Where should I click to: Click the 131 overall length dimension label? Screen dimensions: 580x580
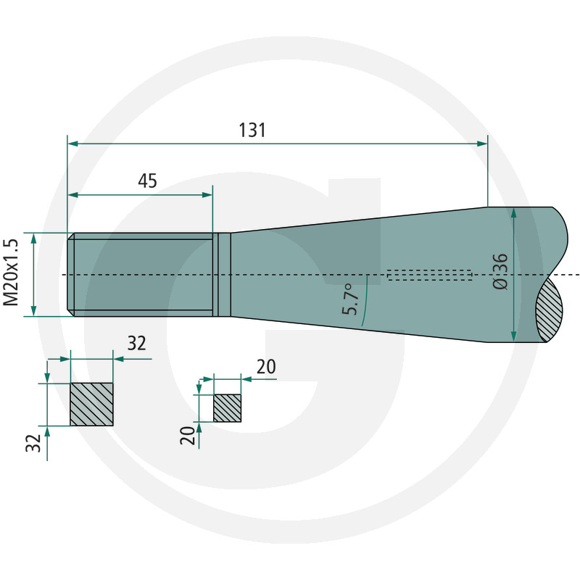click(x=252, y=130)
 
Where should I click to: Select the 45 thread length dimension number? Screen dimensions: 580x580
click(x=148, y=181)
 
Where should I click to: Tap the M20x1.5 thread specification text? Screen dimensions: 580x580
click(x=11, y=273)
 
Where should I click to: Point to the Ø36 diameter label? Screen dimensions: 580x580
click(x=500, y=271)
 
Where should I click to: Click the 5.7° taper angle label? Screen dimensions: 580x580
click(x=350, y=299)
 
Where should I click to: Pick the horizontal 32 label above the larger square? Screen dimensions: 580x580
click(x=137, y=343)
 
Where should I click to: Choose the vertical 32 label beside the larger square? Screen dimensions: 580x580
click(x=33, y=443)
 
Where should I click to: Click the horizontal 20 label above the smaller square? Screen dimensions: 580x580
click(x=266, y=367)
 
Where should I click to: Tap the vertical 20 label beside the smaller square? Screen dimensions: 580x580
click(x=188, y=436)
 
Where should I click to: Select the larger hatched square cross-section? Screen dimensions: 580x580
click(x=92, y=405)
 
